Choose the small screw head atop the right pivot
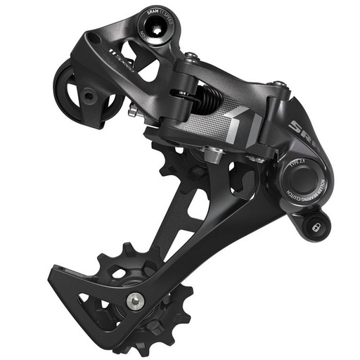click(x=280, y=85)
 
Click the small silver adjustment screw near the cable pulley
click(x=131, y=110)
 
